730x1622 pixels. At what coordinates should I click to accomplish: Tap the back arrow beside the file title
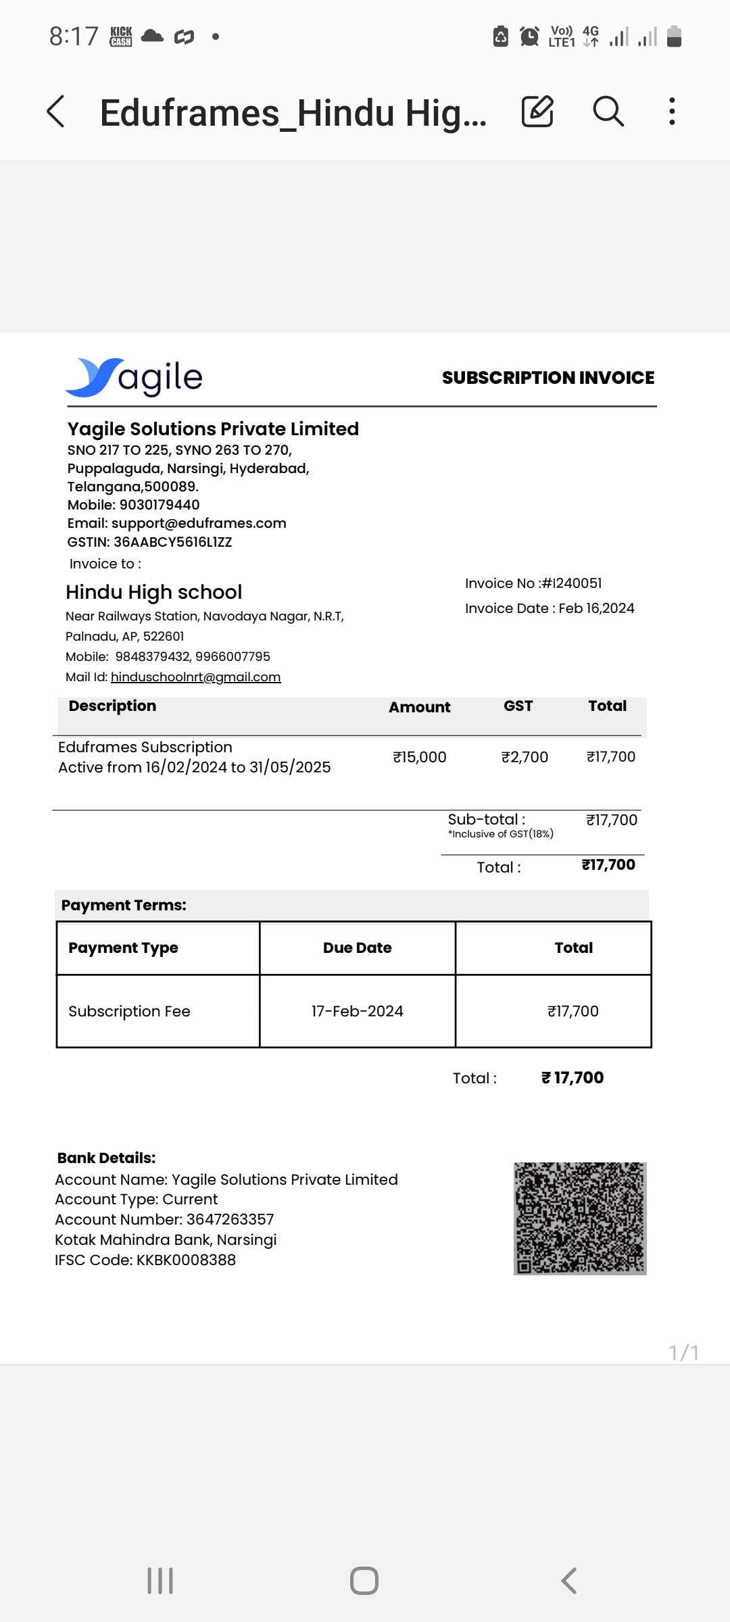(x=56, y=112)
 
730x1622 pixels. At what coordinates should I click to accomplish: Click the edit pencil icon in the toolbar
(x=537, y=112)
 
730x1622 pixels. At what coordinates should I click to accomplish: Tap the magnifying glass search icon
(x=608, y=112)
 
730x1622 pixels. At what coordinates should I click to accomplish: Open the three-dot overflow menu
(x=671, y=112)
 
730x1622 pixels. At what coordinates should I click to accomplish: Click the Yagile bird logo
(x=95, y=377)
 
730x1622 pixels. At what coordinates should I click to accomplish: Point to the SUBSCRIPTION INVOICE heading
(x=547, y=378)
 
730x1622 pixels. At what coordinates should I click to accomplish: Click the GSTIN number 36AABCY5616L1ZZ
(x=172, y=542)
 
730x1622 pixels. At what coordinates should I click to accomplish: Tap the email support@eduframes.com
(x=199, y=523)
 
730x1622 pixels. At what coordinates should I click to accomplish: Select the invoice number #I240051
(x=572, y=583)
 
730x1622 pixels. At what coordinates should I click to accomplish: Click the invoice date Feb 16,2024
(x=596, y=608)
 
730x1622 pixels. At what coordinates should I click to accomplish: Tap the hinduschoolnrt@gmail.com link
(x=195, y=677)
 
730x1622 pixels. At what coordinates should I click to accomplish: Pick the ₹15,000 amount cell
(x=420, y=757)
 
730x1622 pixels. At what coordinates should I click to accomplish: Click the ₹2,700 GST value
(x=525, y=757)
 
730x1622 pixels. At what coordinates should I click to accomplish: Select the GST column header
(x=518, y=706)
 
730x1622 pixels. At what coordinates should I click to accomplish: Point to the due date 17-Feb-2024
(x=357, y=1011)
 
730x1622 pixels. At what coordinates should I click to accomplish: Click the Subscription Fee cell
(x=130, y=1011)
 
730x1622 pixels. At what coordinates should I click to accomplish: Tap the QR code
(x=580, y=1219)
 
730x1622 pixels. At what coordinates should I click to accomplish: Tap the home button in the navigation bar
(x=364, y=1581)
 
